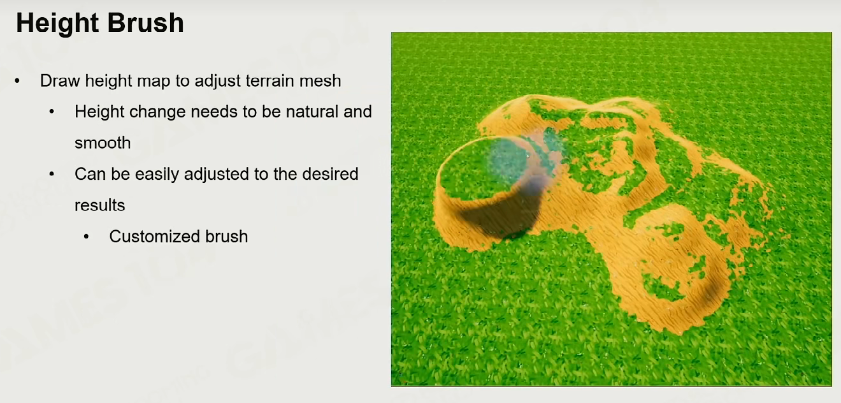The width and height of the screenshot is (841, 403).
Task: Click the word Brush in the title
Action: click(146, 22)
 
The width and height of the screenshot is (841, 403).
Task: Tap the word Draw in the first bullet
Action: click(60, 81)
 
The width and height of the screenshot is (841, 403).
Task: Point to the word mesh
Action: click(320, 81)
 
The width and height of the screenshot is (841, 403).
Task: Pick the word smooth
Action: click(103, 143)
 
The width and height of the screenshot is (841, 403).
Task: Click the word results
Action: click(99, 205)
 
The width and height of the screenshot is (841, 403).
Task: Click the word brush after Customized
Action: click(226, 237)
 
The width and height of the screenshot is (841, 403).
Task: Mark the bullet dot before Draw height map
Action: click(17, 81)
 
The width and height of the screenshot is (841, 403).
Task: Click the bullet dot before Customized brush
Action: click(87, 237)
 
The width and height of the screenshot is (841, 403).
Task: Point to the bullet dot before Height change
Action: click(52, 112)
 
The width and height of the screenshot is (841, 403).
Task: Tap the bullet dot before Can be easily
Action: click(52, 175)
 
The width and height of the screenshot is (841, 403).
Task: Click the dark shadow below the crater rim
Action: click(503, 218)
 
